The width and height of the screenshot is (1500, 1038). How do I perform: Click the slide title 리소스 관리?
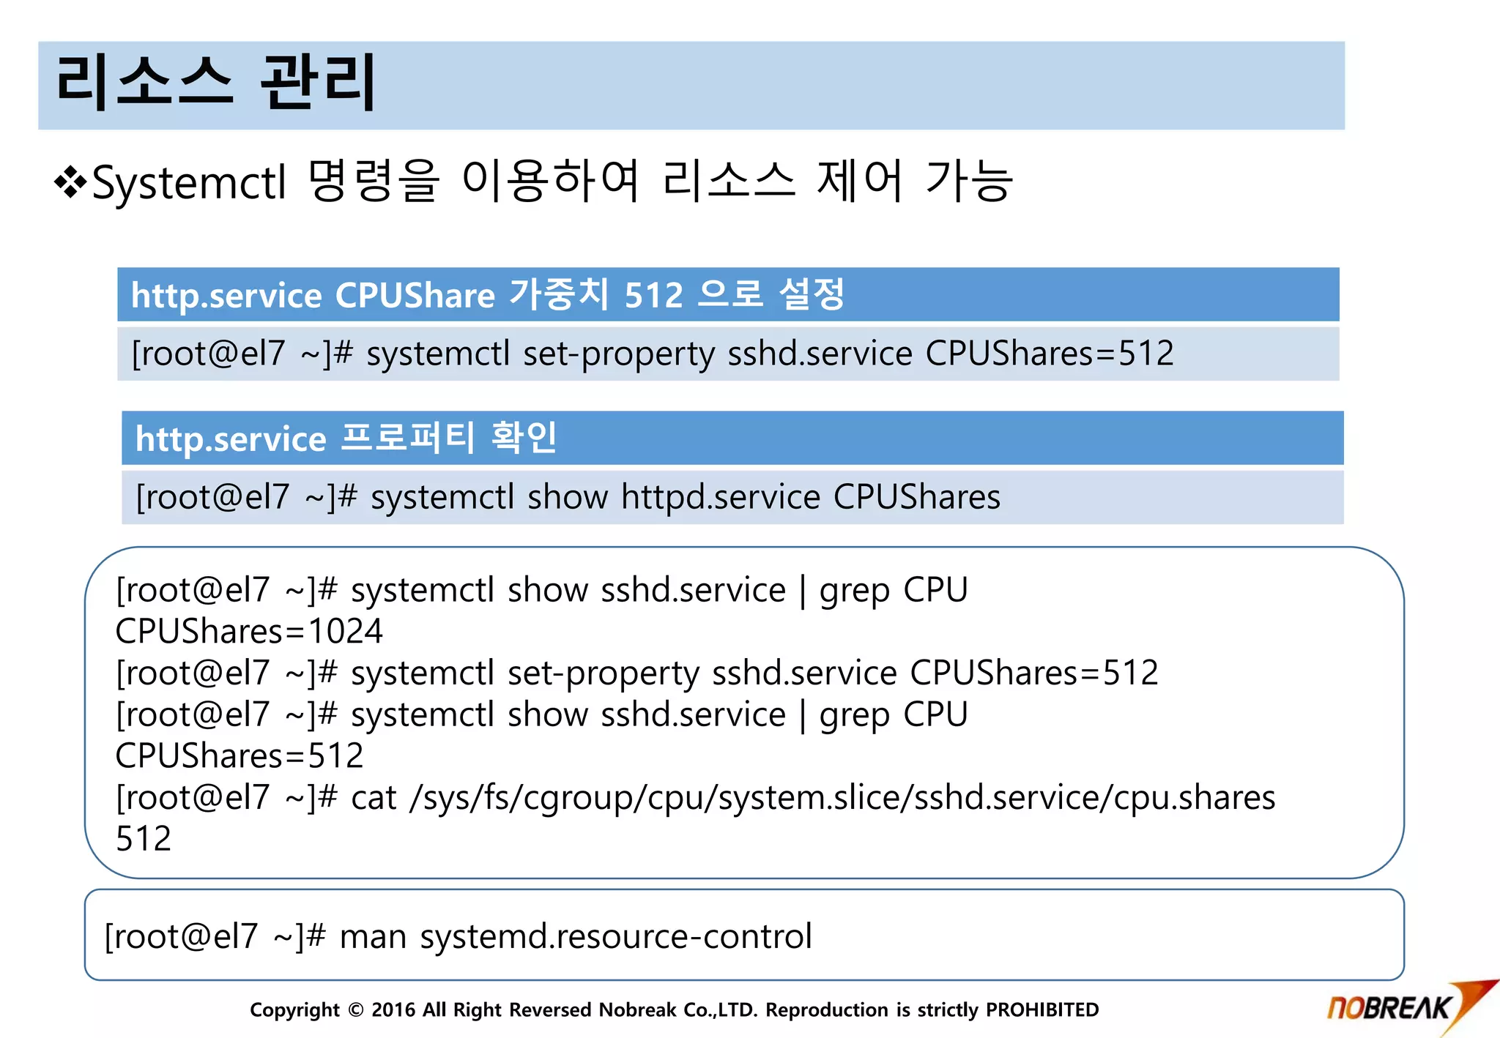coord(216,83)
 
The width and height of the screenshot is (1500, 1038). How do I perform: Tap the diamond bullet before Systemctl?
coord(70,182)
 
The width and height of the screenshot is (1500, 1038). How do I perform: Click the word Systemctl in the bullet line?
coord(189,182)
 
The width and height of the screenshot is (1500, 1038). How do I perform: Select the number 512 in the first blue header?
coord(653,295)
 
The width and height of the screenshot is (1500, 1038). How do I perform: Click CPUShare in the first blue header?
coord(415,295)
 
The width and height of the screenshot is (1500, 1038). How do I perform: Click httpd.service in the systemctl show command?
coord(721,497)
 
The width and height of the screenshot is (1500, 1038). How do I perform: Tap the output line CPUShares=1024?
coord(249,631)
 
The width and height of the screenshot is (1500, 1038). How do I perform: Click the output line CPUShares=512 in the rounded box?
coord(240,755)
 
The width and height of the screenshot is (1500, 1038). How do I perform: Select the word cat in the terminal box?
coord(374,797)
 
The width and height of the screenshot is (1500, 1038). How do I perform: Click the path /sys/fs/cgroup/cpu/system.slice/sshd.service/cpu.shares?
coord(842,797)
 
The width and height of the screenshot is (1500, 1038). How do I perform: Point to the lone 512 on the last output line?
coord(144,838)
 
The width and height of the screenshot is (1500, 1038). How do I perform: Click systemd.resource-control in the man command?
coord(616,936)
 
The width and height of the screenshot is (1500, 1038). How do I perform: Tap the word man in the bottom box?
coord(373,936)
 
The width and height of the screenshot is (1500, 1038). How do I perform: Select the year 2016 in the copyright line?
coord(393,1010)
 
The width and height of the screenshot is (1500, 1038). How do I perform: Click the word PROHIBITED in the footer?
coord(1042,1010)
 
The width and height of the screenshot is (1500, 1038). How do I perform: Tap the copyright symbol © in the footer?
coord(356,1010)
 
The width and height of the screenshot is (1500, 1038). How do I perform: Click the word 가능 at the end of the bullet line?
coord(969,181)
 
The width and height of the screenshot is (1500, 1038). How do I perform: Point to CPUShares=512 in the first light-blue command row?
coord(1050,354)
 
